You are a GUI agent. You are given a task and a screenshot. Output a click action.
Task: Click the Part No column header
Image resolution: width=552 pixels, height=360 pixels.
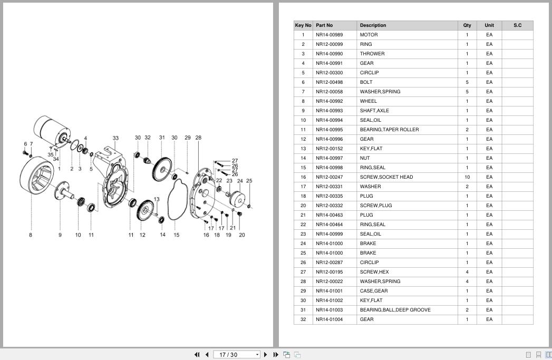(324, 25)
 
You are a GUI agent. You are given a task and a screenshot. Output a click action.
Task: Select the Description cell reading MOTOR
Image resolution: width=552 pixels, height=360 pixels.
(369, 35)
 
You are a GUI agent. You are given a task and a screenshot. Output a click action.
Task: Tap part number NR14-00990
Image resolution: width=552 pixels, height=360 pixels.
(329, 54)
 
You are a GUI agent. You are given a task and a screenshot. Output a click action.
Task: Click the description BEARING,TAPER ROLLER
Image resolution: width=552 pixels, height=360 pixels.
(389, 130)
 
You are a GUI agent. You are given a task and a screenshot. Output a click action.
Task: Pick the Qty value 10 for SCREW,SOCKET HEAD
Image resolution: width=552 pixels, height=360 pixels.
(467, 177)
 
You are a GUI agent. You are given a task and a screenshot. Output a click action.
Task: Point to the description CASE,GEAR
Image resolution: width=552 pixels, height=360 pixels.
(373, 291)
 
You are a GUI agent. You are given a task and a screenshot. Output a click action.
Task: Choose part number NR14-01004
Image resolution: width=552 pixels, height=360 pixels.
(329, 319)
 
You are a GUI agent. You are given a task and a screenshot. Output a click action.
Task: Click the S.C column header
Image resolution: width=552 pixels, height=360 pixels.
(518, 25)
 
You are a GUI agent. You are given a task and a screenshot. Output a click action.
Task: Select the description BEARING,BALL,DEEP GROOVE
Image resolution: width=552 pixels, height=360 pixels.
(395, 310)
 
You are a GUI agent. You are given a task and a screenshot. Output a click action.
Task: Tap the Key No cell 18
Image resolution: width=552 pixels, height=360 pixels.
(303, 196)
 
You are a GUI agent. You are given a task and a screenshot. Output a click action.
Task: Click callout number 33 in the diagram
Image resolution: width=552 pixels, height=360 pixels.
(115, 138)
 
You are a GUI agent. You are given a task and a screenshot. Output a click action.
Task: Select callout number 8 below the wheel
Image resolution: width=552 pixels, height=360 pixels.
(31, 235)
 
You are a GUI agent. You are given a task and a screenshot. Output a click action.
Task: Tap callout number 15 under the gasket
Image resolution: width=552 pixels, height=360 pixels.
(177, 235)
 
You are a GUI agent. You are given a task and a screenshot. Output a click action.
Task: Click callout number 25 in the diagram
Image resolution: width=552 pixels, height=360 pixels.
(249, 181)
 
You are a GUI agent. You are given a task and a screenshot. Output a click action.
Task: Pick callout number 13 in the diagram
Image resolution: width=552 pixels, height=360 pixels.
(157, 199)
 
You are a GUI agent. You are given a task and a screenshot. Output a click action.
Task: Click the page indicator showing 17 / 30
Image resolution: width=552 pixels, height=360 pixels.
(228, 355)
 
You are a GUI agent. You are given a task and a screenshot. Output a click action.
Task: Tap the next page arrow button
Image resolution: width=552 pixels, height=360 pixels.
(266, 355)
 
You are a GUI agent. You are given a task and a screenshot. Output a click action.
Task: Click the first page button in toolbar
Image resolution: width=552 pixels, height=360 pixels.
(197, 355)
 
